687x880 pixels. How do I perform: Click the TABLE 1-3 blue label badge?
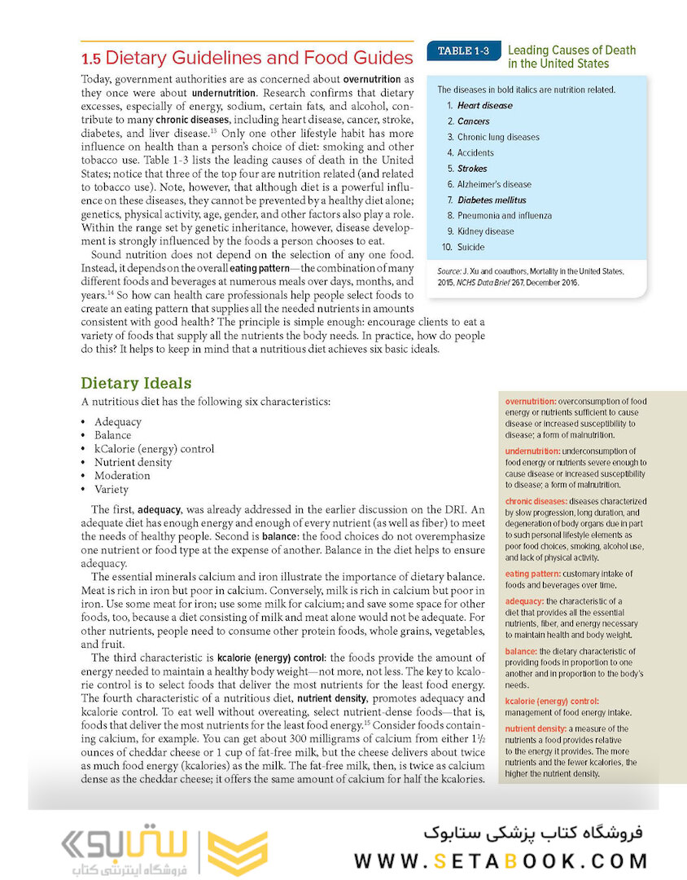coord(463,51)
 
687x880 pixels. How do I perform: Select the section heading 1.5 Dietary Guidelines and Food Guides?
coord(247,58)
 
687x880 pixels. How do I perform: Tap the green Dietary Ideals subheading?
coord(136,382)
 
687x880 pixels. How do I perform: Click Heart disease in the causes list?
coord(484,106)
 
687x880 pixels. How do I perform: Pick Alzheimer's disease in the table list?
coord(493,184)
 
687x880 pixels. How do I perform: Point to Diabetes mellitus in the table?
coord(491,200)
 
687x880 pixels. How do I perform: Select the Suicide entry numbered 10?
coord(470,247)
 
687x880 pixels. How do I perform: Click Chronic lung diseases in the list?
coord(497,137)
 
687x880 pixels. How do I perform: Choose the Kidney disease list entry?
coord(485,231)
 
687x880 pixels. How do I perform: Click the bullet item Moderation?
coord(122,476)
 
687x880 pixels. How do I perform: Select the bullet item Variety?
coord(112,490)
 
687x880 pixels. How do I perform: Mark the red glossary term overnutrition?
coord(531,402)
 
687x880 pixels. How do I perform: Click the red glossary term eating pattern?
coord(534,574)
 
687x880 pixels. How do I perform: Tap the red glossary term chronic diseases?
coord(536,501)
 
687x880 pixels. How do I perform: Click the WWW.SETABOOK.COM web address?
coord(501,860)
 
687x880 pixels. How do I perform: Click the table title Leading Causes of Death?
coord(571,51)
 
